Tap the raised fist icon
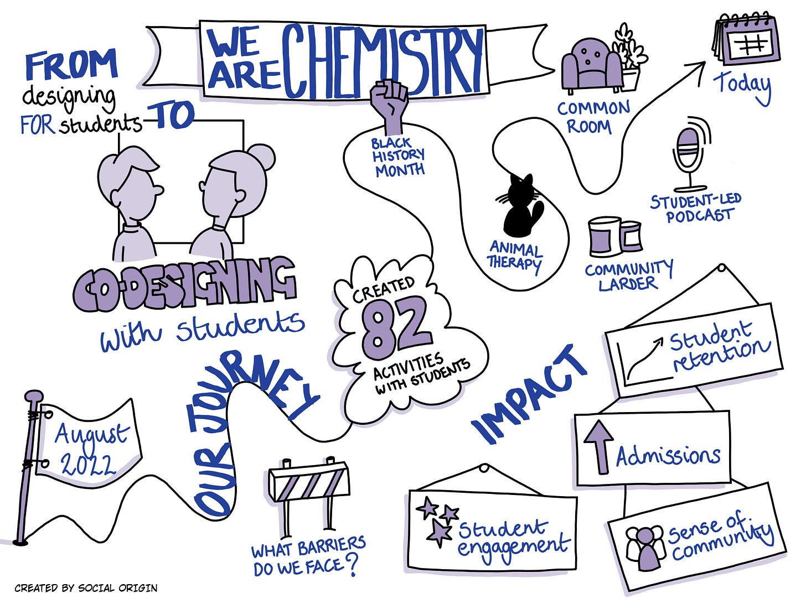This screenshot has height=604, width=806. tap(391, 105)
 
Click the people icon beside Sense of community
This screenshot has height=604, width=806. tap(645, 548)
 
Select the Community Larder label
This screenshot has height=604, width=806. tap(628, 275)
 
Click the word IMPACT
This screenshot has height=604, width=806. tap(529, 395)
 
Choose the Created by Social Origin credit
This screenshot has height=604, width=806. tap(86, 588)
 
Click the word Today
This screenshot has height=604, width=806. tap(742, 86)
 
